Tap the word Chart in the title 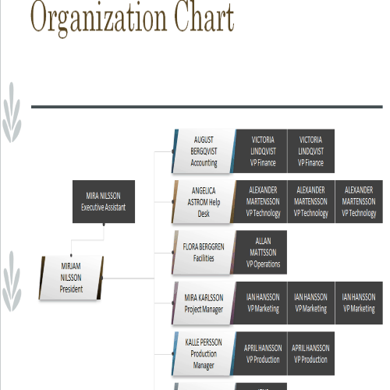(204, 16)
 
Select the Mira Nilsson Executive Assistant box (104, 201)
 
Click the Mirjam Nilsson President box (71, 278)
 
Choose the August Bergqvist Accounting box (204, 151)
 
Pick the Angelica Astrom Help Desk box (204, 202)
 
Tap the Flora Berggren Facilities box (204, 252)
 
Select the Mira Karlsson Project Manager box (204, 303)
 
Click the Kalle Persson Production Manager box (204, 353)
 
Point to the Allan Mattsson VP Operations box (261, 252)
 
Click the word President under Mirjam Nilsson (71, 289)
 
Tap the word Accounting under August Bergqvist (204, 163)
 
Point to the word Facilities (204, 258)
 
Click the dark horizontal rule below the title (207, 107)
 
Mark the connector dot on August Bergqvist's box (173, 151)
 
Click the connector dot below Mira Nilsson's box (104, 224)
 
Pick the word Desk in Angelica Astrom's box (204, 214)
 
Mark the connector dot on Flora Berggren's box (173, 252)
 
